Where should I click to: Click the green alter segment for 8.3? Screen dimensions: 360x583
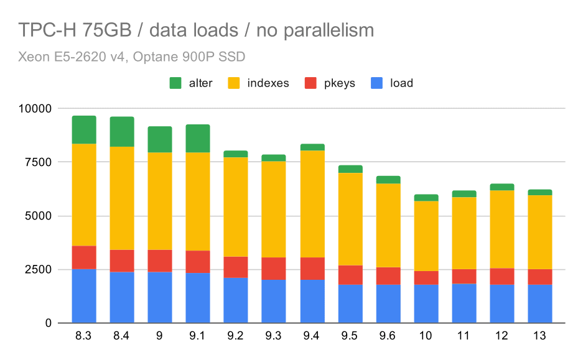pos(84,129)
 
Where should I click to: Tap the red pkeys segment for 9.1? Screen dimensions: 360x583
pos(198,262)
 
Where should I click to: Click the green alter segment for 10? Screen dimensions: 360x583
pos(426,198)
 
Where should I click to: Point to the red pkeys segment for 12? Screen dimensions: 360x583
pos(503,276)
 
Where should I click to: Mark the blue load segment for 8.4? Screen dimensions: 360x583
pos(122,297)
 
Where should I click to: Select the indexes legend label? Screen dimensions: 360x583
pos(268,83)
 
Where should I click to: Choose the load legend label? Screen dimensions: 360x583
pos(401,83)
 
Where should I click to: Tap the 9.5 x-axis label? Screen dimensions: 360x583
pos(350,336)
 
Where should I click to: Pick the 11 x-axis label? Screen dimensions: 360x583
pos(464,336)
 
